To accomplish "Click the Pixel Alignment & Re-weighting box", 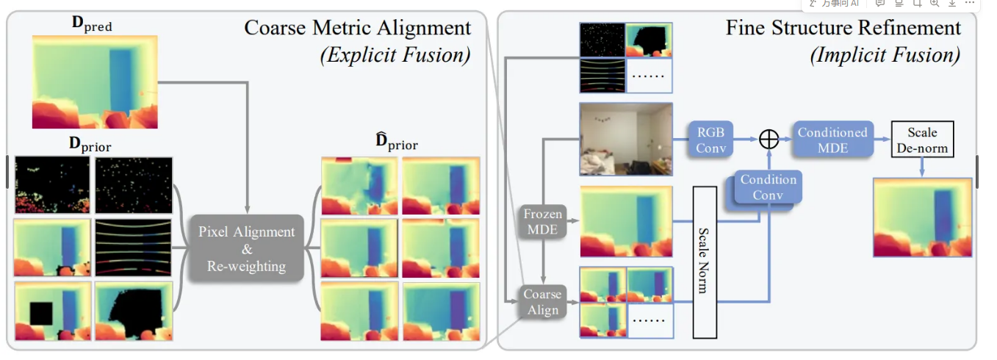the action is (248, 249).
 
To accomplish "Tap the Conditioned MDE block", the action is (832, 139).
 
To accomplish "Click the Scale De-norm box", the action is (922, 139).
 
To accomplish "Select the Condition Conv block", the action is (769, 187).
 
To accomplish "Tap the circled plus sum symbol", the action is (769, 139).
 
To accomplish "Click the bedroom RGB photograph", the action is (625, 139).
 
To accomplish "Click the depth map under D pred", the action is (95, 81).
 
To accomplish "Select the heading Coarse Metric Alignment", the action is (358, 28).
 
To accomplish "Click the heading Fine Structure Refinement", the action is (843, 28).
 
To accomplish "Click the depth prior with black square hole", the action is (53, 311).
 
